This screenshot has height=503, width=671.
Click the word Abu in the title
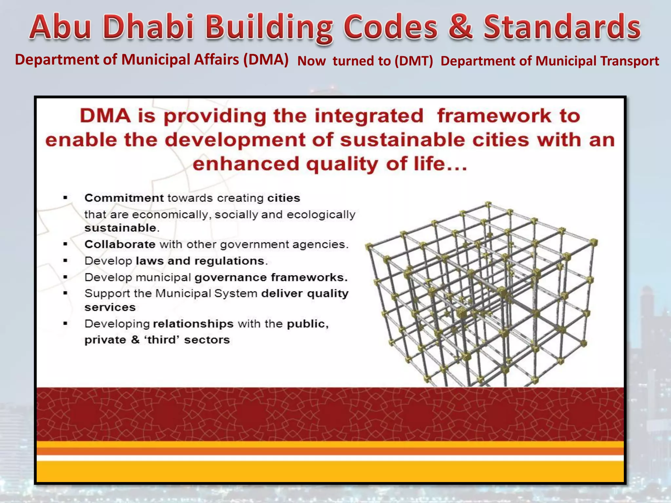(60, 28)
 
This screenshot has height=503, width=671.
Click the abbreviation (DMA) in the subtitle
(266, 60)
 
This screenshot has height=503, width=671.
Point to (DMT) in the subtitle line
(414, 61)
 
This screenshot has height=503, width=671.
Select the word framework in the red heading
(494, 116)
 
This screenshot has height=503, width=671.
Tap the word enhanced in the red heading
(246, 164)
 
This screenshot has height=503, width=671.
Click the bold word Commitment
(124, 198)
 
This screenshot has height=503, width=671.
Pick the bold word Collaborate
(120, 244)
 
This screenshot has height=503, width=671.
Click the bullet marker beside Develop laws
(66, 261)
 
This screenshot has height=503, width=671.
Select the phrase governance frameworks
(271, 278)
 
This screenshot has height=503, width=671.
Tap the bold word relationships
(193, 324)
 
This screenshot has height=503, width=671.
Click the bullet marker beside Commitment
(66, 198)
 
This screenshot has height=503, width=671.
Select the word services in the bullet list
(110, 307)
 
